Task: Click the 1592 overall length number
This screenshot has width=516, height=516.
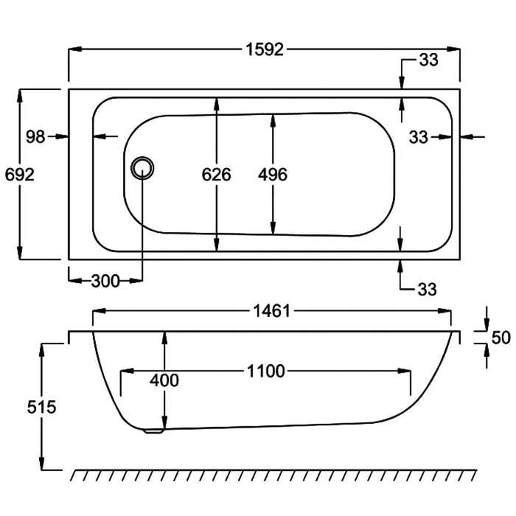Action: (x=265, y=50)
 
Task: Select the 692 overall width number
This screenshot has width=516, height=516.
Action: (x=18, y=175)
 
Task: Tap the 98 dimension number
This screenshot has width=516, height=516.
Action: (x=35, y=136)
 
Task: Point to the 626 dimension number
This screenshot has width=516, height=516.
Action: (x=217, y=175)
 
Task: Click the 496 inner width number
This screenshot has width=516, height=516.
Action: (x=273, y=175)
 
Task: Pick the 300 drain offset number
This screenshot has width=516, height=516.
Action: (x=105, y=281)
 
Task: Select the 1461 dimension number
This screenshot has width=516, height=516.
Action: (x=271, y=312)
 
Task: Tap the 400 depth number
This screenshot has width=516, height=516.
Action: (x=164, y=380)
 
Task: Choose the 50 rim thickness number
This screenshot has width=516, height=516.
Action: (x=501, y=338)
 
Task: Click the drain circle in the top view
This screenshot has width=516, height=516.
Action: (x=142, y=167)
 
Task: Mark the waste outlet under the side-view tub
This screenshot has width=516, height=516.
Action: (x=154, y=433)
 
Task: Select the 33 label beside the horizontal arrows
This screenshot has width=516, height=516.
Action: (x=419, y=136)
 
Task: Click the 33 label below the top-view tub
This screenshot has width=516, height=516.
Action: (x=428, y=288)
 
